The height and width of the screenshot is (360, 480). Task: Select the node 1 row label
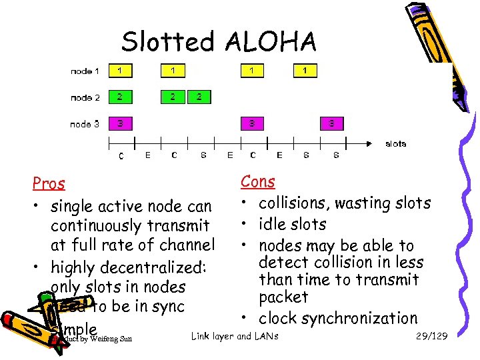85,71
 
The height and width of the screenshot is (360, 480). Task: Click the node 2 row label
85,97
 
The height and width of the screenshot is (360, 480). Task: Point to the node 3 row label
85,124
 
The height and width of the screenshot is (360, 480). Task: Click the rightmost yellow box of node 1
305,70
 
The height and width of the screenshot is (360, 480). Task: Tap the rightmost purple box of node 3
332,123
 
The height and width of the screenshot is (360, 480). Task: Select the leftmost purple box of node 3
120,123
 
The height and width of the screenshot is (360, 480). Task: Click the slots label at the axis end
395,143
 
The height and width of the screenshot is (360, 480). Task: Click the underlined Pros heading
49,183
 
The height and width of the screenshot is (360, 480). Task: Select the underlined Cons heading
257,181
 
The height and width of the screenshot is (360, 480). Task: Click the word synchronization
361,319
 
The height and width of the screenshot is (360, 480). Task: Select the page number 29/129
430,336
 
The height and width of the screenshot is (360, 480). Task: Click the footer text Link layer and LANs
235,336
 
